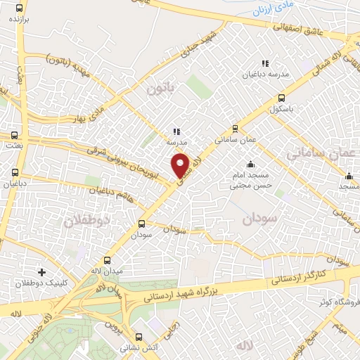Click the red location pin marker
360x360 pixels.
(x=180, y=165)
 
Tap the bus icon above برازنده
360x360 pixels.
(x=18, y=9)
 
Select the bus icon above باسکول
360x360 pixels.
(x=282, y=98)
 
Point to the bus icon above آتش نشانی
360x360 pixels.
(x=139, y=336)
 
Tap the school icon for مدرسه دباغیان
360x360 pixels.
(x=265, y=63)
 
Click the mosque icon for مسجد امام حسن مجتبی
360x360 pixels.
(x=251, y=164)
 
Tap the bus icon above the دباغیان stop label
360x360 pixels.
(x=15, y=172)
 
